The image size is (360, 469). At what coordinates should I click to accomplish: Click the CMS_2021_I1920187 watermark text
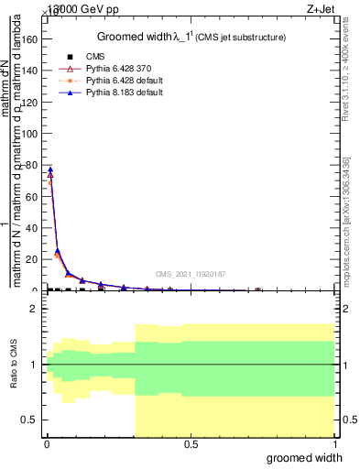[x=190, y=274]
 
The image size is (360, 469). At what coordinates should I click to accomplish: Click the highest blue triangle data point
[x=50, y=169]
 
